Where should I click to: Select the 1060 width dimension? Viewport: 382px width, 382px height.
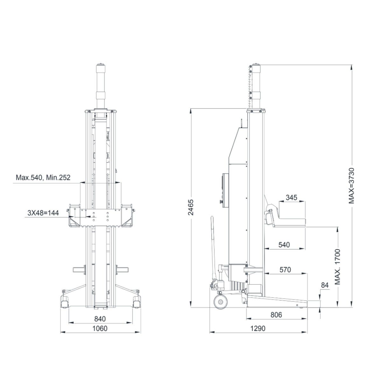tap(100, 329)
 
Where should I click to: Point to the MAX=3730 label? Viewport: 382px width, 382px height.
tap(351, 186)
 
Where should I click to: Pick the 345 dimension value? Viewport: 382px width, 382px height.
tap(291, 197)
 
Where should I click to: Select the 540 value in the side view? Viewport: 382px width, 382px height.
tap(284, 245)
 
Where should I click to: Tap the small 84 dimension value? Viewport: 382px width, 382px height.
tap(325, 285)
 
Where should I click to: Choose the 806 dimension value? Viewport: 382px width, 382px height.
tap(276, 315)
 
